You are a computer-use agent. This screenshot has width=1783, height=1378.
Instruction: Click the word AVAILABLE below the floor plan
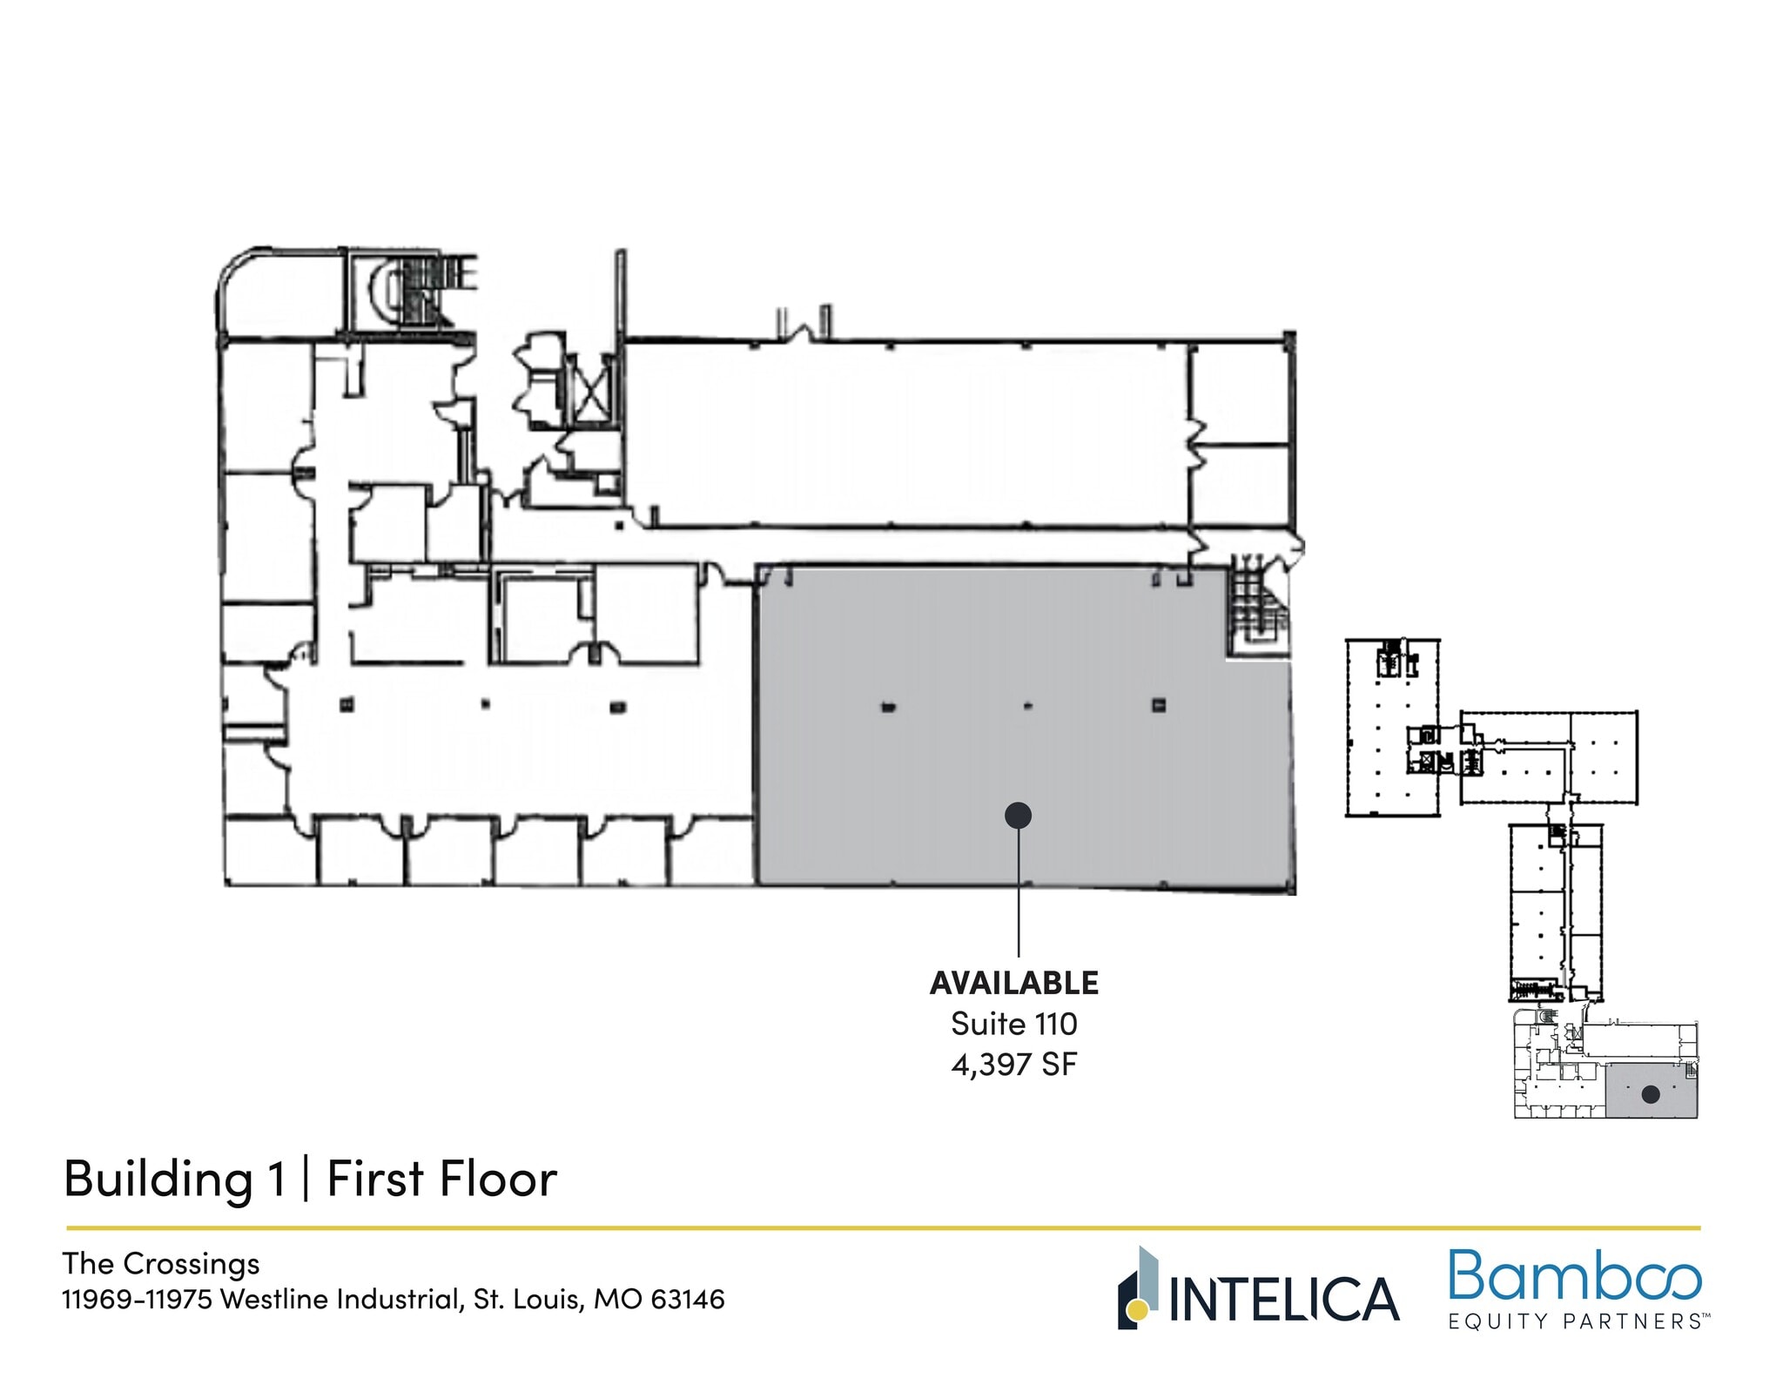[1014, 984]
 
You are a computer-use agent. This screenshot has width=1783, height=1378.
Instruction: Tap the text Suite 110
[1014, 1025]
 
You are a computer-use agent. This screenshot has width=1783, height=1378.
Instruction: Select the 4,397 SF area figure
[1014, 1065]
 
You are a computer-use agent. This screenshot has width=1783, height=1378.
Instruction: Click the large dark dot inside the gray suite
[1018, 816]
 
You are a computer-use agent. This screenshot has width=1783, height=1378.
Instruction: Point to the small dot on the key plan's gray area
[1650, 1095]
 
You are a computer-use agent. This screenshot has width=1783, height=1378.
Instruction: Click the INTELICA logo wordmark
[1283, 1300]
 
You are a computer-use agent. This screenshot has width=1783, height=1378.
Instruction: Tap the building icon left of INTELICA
[1138, 1288]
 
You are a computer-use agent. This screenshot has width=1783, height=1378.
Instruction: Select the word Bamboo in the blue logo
[1574, 1277]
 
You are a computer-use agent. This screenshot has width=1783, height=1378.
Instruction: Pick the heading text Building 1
[174, 1180]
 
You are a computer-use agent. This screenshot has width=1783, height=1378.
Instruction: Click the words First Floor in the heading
[441, 1180]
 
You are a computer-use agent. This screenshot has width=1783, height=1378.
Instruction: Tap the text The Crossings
[161, 1263]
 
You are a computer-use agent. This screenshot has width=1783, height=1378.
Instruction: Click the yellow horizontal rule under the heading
[871, 1228]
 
